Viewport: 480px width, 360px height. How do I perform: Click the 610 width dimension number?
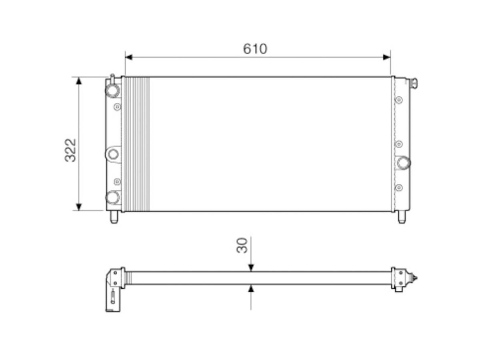[255, 48]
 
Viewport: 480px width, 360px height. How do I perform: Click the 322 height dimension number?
[70, 150]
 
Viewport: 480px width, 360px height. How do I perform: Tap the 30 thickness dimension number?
[242, 245]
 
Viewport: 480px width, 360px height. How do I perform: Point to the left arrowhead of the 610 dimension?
[128, 57]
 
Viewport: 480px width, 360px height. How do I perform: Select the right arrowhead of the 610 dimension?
[387, 57]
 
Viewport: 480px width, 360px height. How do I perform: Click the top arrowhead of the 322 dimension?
[79, 81]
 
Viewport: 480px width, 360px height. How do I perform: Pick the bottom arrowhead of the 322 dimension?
[79, 207]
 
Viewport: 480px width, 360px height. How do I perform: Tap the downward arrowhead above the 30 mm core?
[251, 268]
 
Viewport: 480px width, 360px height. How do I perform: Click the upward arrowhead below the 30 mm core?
[251, 288]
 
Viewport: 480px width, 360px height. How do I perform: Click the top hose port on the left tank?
[112, 90]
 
